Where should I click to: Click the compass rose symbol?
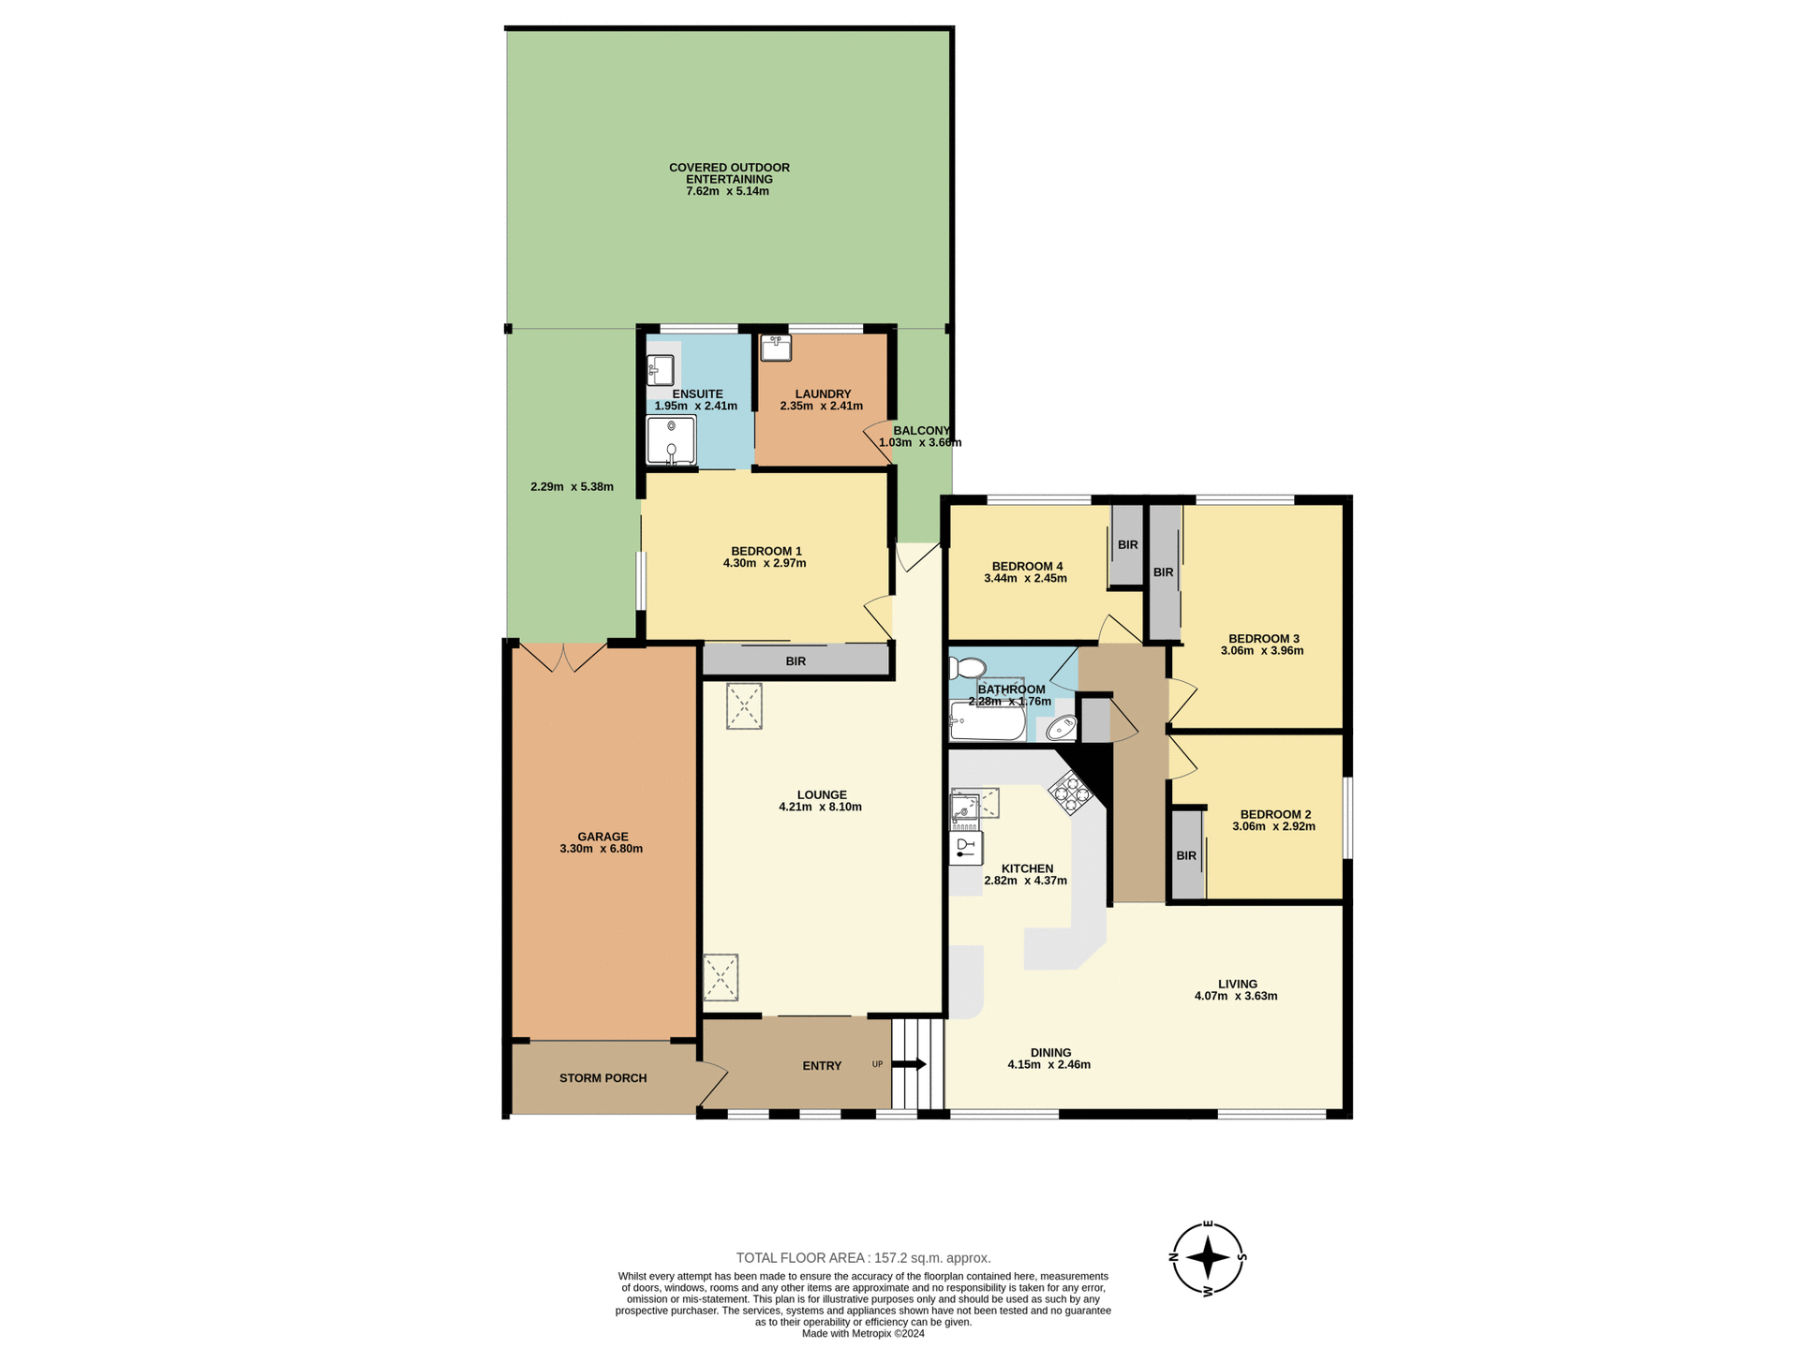[1208, 1257]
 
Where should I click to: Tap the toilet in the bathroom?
[966, 668]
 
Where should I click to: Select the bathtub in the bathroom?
[987, 722]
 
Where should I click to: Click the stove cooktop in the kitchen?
[1070, 793]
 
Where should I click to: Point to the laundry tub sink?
[776, 348]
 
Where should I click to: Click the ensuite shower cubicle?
[671, 440]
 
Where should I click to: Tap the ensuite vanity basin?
[661, 369]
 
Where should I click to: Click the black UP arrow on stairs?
[909, 1064]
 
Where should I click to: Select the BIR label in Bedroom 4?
[1127, 545]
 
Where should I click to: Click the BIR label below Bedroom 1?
[795, 661]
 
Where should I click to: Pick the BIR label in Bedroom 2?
[1186, 855]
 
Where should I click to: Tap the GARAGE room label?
[602, 837]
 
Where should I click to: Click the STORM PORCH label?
[602, 1078]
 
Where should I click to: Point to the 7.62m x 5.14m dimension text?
[727, 191]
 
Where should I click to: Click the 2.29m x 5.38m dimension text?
[572, 487]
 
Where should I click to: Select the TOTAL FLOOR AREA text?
[863, 1258]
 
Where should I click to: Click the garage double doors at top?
[563, 657]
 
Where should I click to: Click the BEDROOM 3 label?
[1263, 639]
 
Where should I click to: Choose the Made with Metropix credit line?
[862, 1334]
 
